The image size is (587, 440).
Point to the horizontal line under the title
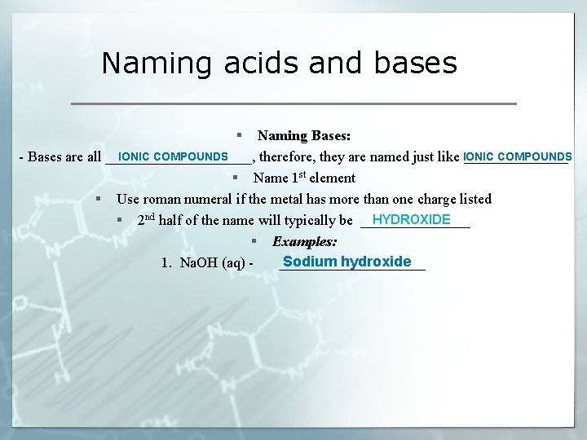(x=294, y=104)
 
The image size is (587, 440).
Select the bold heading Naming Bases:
(x=304, y=135)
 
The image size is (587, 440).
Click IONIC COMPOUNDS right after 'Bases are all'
(x=173, y=156)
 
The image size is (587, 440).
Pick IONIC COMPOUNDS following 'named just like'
(x=517, y=156)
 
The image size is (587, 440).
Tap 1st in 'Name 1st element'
(x=291, y=177)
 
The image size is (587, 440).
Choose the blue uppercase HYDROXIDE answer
(x=411, y=220)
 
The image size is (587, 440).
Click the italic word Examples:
(x=304, y=242)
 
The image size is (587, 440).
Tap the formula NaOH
(x=196, y=263)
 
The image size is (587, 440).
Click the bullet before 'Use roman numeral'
(x=98, y=199)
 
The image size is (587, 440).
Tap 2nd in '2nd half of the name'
(x=146, y=220)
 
